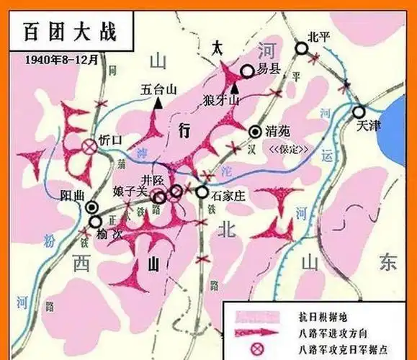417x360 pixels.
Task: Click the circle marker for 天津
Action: point(358,112)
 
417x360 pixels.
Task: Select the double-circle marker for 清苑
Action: point(256,131)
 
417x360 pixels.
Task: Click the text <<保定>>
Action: point(287,150)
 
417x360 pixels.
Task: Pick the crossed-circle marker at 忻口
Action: point(89,147)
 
